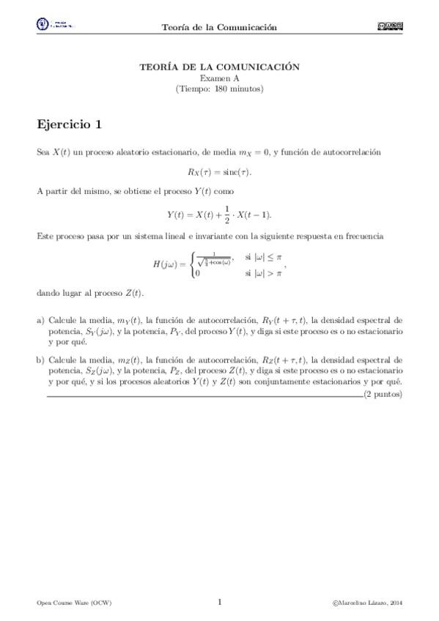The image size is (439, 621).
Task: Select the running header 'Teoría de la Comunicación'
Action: tap(219, 27)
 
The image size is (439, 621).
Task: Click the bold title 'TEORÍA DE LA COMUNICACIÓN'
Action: tap(219, 67)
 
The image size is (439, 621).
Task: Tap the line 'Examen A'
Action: tap(219, 78)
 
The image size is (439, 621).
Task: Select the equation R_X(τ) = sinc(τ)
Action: tap(219, 172)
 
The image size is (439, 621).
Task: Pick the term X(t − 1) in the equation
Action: tap(253, 214)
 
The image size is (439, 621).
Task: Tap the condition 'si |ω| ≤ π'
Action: tap(263, 257)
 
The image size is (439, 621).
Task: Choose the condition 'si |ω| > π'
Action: tap(263, 272)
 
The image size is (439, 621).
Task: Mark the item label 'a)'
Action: tap(40, 321)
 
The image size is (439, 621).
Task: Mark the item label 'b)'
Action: tap(40, 360)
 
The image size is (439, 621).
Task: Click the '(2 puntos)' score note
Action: tap(383, 394)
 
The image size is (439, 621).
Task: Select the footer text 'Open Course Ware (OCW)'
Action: tap(74, 603)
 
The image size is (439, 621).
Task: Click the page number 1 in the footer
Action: tap(220, 602)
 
